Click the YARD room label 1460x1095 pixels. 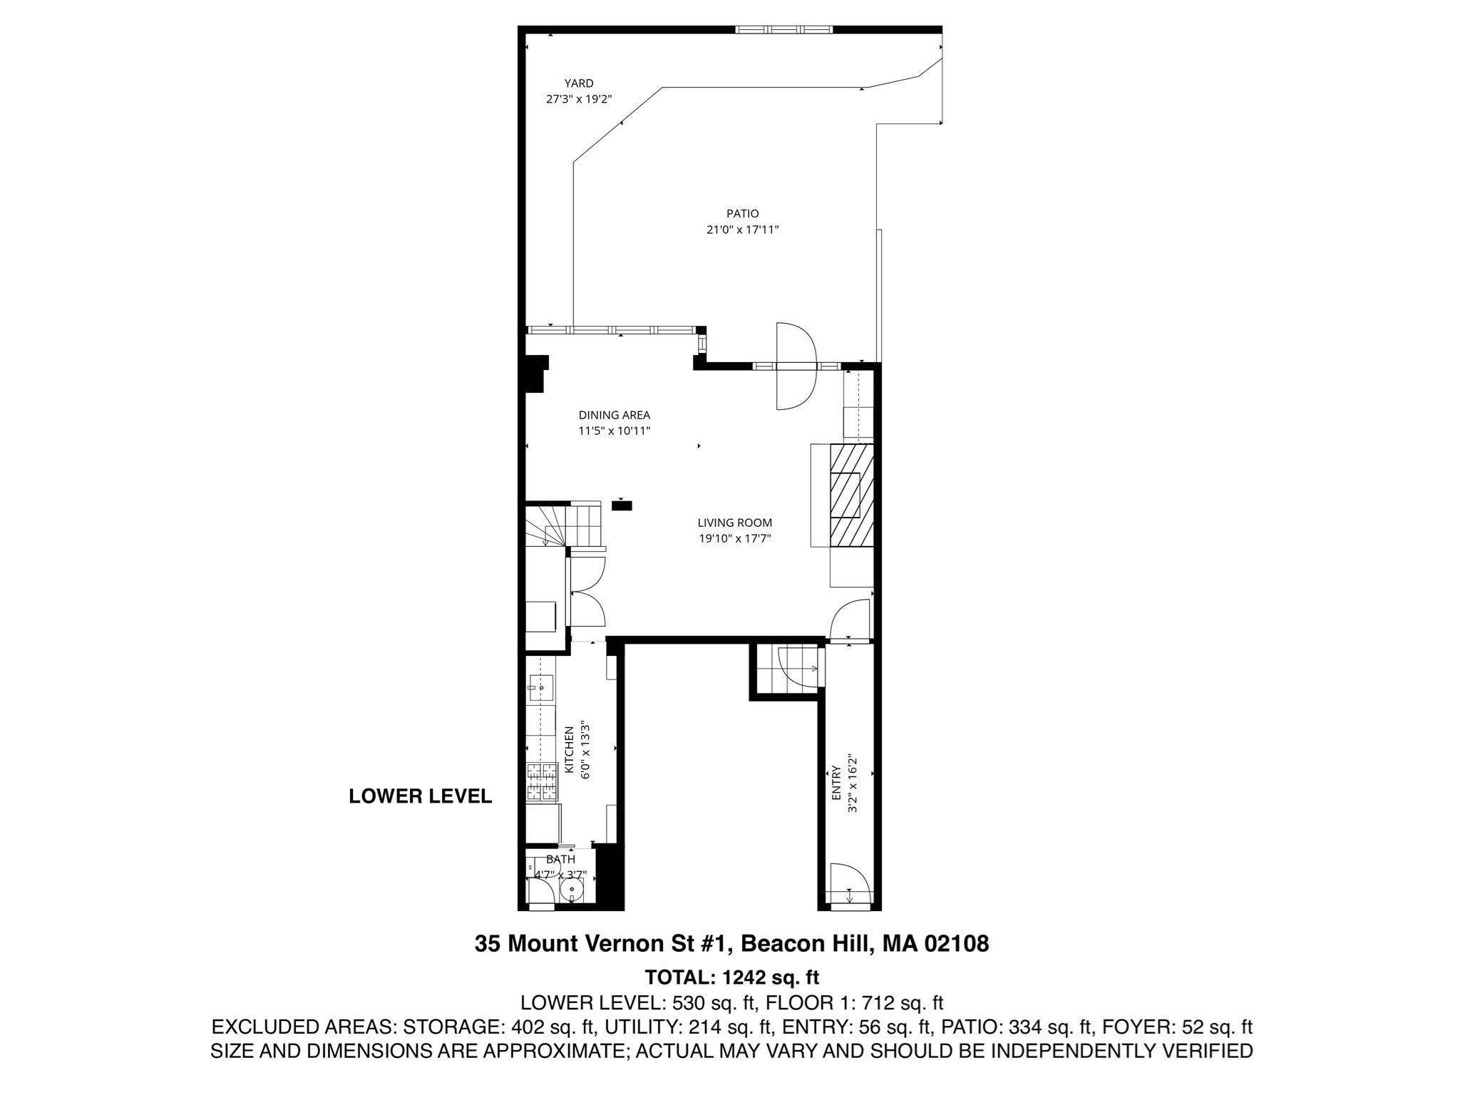pyautogui.click(x=578, y=83)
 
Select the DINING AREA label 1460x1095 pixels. pyautogui.click(x=614, y=415)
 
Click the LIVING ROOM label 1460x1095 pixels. pyautogui.click(x=734, y=523)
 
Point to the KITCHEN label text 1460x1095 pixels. pyautogui.click(x=570, y=750)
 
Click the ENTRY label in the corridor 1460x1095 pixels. pyautogui.click(x=836, y=782)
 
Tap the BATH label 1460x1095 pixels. pyautogui.click(x=560, y=859)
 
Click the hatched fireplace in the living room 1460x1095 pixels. pyautogui.click(x=851, y=495)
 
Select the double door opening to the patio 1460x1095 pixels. pyautogui.click(x=795, y=366)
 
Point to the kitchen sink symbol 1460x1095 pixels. pyautogui.click(x=541, y=689)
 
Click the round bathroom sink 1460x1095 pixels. pyautogui.click(x=571, y=890)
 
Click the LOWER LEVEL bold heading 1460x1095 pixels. pyautogui.click(x=420, y=796)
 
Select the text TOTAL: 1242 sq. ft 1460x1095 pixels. pyautogui.click(x=731, y=976)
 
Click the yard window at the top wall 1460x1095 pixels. pyautogui.click(x=783, y=29)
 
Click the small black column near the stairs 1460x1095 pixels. pyautogui.click(x=622, y=505)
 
